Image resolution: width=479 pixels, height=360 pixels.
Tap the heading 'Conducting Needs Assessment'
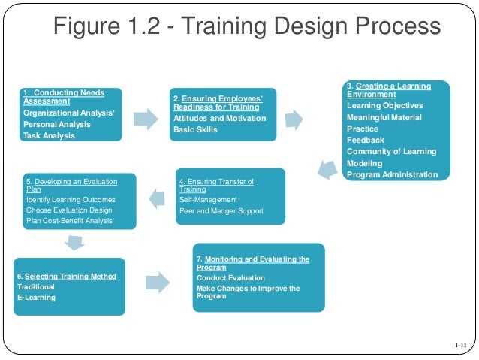click(x=63, y=96)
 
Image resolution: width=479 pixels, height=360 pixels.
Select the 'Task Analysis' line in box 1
click(x=49, y=135)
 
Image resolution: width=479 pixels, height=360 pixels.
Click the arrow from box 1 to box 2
click(x=146, y=118)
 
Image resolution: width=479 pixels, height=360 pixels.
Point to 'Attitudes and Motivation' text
click(x=219, y=118)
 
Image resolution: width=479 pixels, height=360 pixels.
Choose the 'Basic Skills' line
click(x=195, y=129)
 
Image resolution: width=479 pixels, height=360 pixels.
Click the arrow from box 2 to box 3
click(x=294, y=118)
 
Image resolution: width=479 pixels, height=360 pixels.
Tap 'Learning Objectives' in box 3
click(x=384, y=106)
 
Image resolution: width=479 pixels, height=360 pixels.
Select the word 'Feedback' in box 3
click(x=365, y=140)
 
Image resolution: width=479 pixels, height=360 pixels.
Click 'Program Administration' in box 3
click(x=392, y=174)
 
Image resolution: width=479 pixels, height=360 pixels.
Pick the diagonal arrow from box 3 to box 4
click(x=326, y=168)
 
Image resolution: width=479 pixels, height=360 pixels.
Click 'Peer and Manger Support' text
click(x=221, y=211)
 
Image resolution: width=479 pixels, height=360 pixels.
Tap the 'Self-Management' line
click(x=208, y=200)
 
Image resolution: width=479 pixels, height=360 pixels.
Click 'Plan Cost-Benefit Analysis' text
click(x=69, y=221)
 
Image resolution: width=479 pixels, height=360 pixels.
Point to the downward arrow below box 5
click(x=73, y=242)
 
